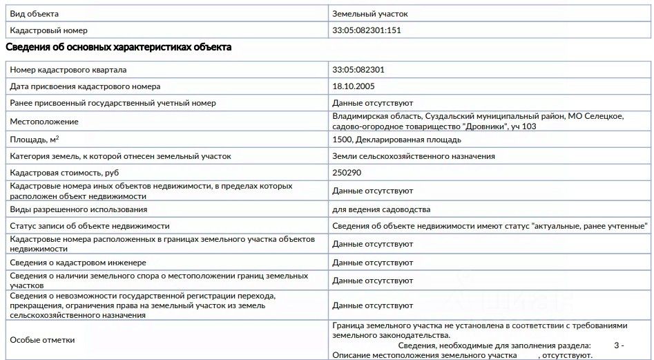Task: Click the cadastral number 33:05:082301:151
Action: coord(367,30)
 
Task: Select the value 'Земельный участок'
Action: coord(375,14)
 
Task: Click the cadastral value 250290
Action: coord(347,173)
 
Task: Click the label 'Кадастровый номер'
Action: coord(48,30)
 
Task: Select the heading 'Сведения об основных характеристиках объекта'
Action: coord(118,47)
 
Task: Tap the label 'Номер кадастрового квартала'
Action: coord(68,70)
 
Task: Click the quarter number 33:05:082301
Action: coord(358,70)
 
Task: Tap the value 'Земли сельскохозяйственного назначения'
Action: coord(414,156)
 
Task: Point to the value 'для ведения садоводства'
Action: coord(381,209)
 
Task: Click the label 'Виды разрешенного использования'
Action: coord(78,209)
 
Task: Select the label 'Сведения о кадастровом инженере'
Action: coord(79,263)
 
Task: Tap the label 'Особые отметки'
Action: coord(42,340)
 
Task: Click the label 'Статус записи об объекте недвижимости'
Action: coord(90,226)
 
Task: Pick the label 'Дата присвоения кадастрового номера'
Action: coord(85,86)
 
